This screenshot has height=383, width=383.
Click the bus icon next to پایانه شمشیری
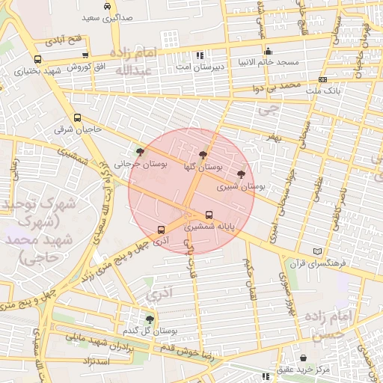[x=208, y=215]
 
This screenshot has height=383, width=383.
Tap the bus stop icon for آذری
[x=161, y=230]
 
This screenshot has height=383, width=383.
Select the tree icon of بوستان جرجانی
[x=140, y=152]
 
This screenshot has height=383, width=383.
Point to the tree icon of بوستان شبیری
[x=240, y=174]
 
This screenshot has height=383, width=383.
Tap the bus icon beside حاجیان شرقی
[x=77, y=118]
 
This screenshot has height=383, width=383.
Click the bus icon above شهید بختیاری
[x=37, y=60]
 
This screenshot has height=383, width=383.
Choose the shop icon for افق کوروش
[x=85, y=55]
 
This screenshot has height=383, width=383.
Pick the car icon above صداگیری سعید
[x=108, y=5]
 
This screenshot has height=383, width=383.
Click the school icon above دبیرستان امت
[x=199, y=55]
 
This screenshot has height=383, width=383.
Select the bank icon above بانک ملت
[x=322, y=79]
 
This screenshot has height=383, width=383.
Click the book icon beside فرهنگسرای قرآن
[x=319, y=251]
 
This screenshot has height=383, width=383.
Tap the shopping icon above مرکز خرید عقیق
[x=303, y=358]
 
